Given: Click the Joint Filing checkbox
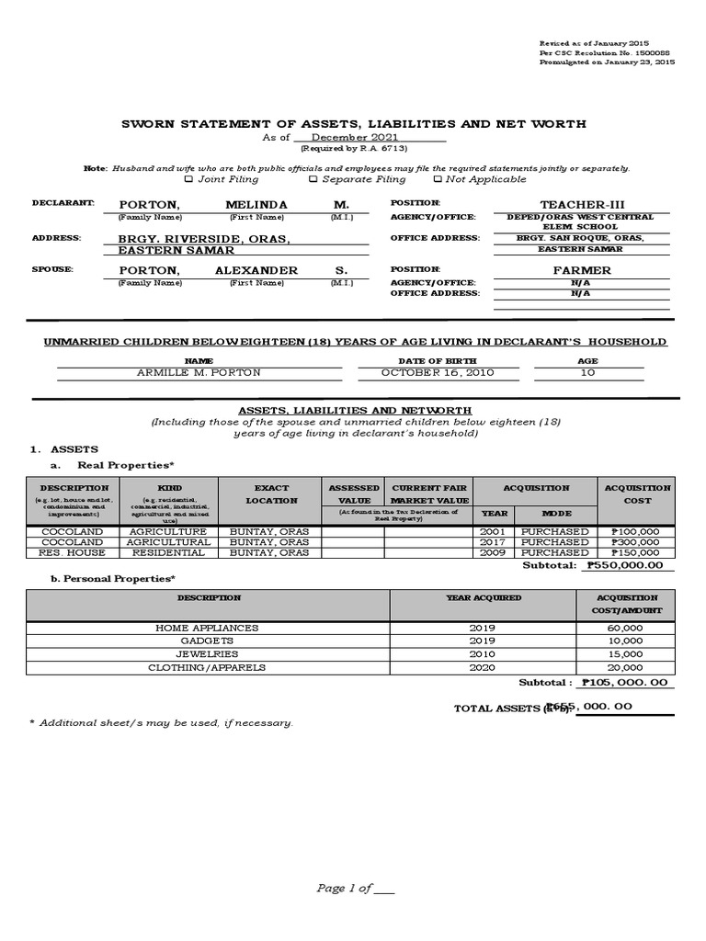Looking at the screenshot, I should click(189, 179).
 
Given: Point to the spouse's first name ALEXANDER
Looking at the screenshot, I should click(256, 270).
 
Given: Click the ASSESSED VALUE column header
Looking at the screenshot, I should click(353, 494).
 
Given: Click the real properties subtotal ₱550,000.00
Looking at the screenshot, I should click(630, 566).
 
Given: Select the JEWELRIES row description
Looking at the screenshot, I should click(208, 653).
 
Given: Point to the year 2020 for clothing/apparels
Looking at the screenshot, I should click(483, 667).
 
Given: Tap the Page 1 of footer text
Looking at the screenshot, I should click(355, 889).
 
